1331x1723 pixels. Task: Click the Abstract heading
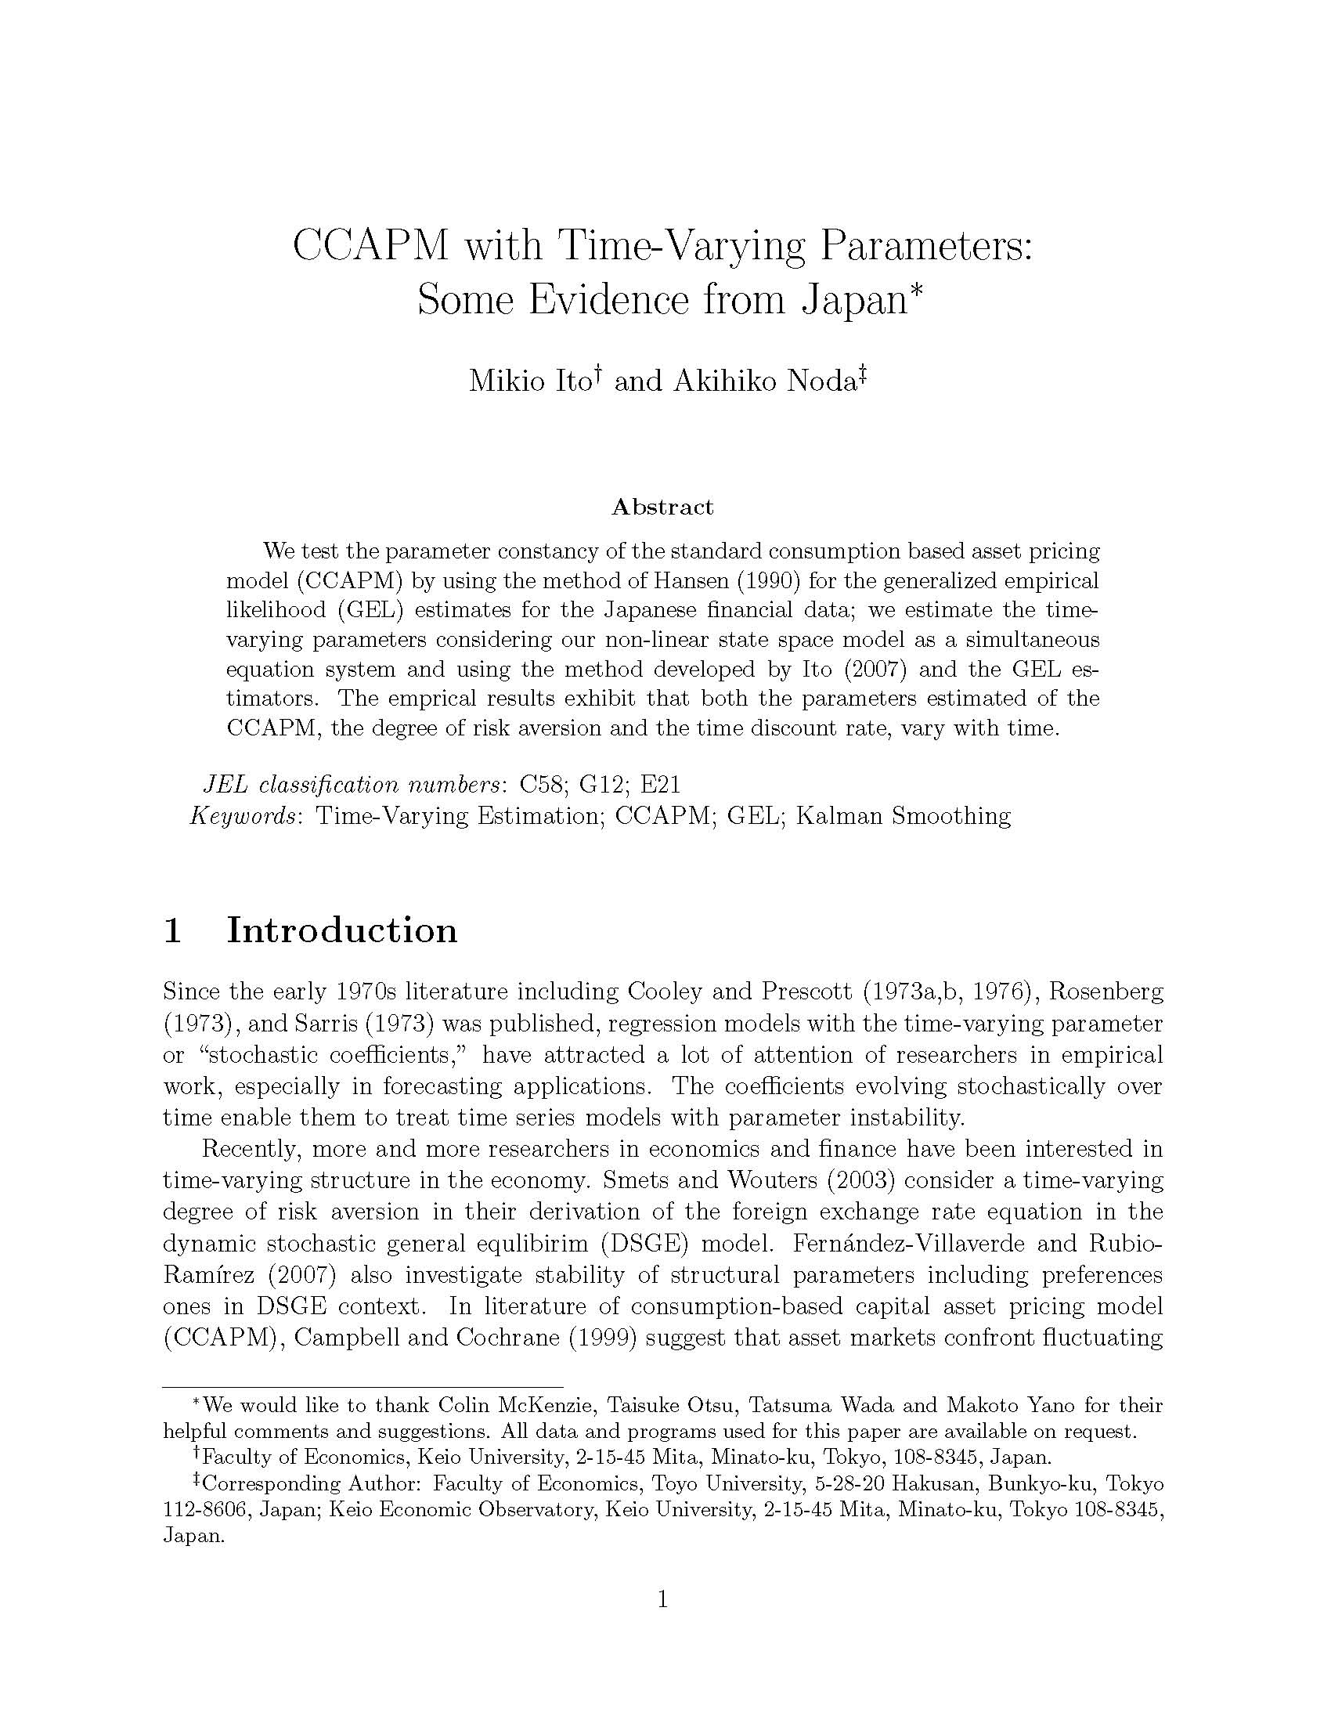point(662,508)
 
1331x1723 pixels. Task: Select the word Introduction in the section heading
point(341,930)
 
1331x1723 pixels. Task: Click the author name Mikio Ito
point(530,381)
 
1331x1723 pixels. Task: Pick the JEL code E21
point(660,784)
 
